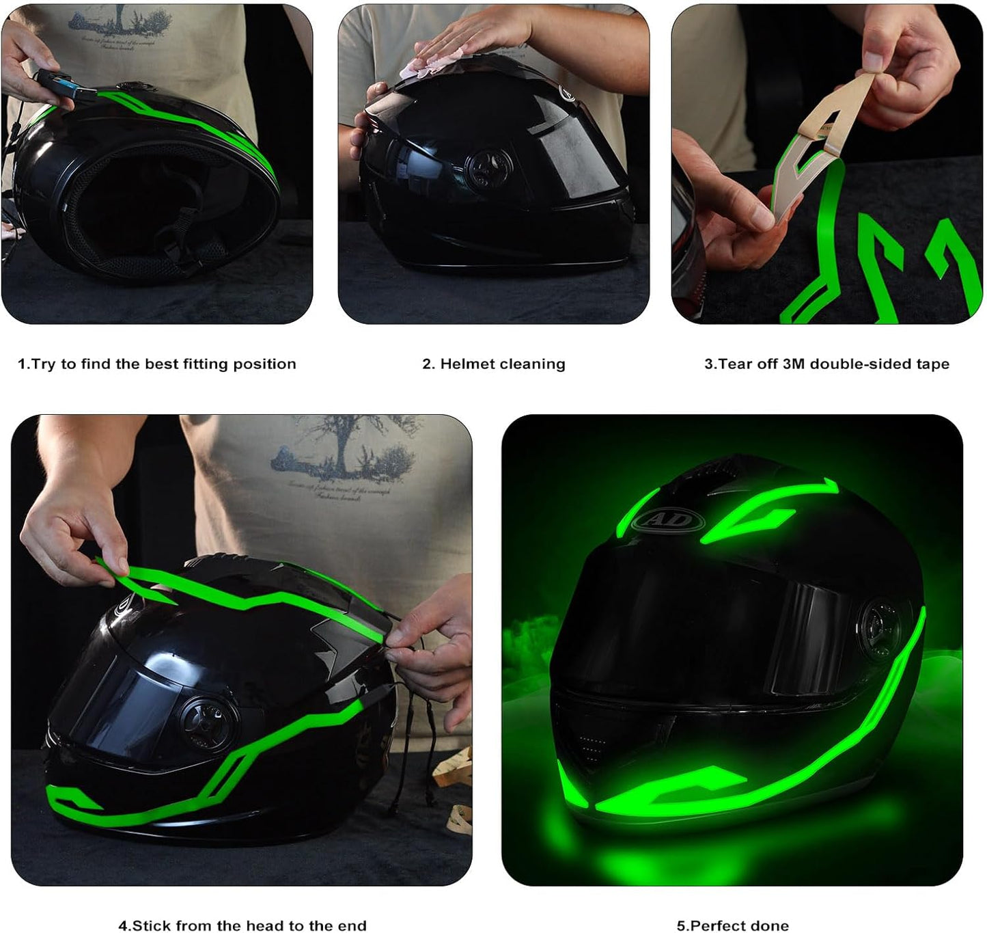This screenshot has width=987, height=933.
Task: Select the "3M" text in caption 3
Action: [794, 364]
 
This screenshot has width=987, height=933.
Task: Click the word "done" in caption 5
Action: [770, 925]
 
